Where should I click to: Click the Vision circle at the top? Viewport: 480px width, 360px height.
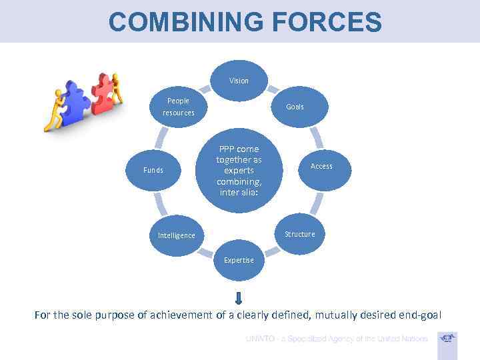click(239, 81)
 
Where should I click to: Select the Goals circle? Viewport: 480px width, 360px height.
click(295, 107)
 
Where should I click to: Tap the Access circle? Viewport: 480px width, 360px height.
click(321, 166)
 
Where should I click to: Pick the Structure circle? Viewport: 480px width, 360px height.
click(299, 234)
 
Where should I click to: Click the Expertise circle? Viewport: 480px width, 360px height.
click(239, 259)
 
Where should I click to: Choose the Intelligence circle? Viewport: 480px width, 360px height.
click(176, 235)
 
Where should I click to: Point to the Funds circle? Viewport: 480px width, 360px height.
click(153, 170)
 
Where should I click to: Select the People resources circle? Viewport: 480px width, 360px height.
click(178, 107)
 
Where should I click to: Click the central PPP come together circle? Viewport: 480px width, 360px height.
click(239, 170)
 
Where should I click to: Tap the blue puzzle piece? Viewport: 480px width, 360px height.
click(75, 103)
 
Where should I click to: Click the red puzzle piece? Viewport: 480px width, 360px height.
click(103, 93)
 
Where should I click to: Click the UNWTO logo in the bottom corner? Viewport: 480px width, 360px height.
click(448, 338)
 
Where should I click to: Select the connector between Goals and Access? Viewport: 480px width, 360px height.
click(315, 137)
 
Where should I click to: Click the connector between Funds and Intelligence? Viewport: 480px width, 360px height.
click(159, 201)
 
